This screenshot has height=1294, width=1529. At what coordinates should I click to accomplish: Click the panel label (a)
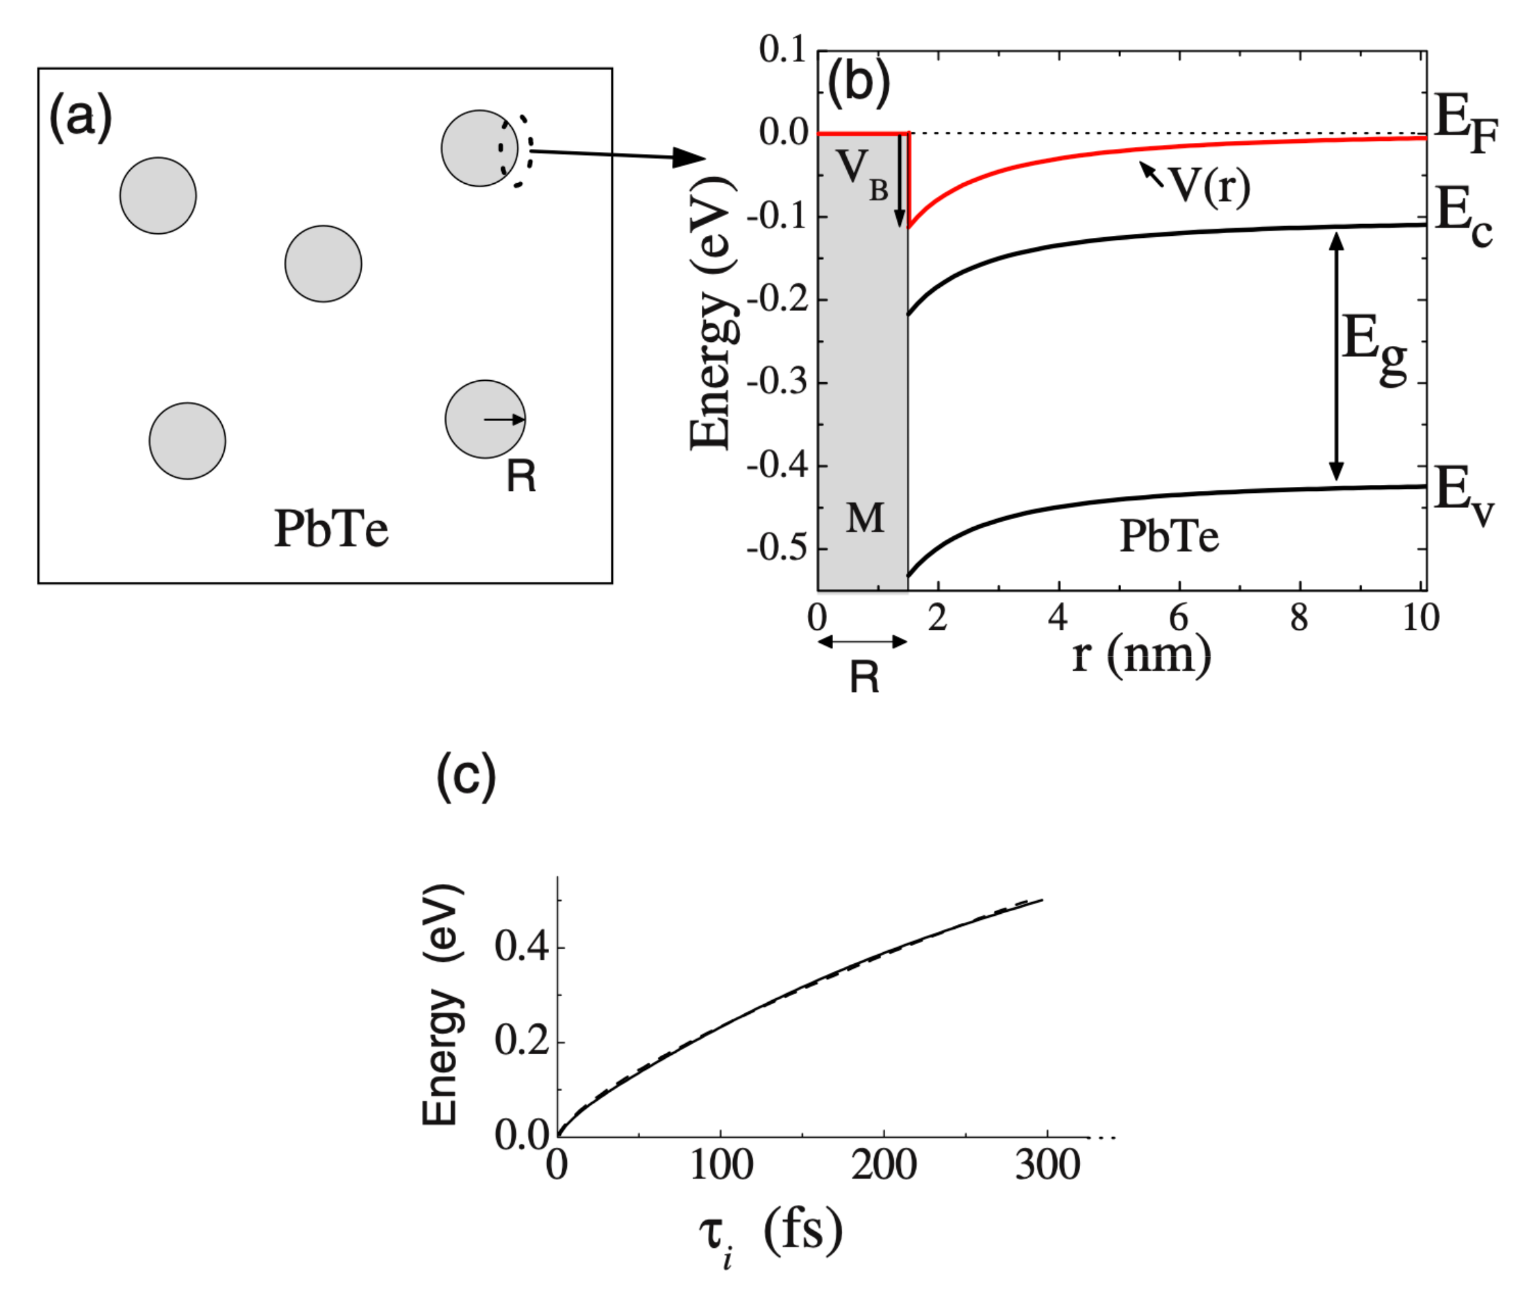pos(80,118)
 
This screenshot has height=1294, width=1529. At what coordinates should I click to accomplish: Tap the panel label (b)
pos(858,82)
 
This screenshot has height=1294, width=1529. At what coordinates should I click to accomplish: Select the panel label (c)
pos(466,775)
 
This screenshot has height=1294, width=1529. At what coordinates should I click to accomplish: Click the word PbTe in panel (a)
pos(331,529)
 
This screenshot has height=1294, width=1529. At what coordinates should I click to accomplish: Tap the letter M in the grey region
pos(865,519)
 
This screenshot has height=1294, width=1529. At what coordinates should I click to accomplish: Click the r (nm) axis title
pos(1141,655)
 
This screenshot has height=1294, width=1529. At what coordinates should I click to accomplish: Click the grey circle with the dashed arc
pos(478,148)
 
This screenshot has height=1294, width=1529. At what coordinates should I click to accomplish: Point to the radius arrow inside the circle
pos(504,420)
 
